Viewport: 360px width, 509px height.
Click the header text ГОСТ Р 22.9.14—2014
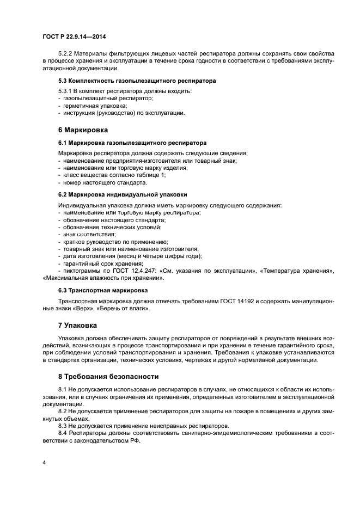pyautogui.click(x=74, y=36)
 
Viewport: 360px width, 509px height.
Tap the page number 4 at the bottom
pyautogui.click(x=44, y=462)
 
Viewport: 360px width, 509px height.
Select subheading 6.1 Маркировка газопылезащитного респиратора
pyautogui.click(x=132, y=143)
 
